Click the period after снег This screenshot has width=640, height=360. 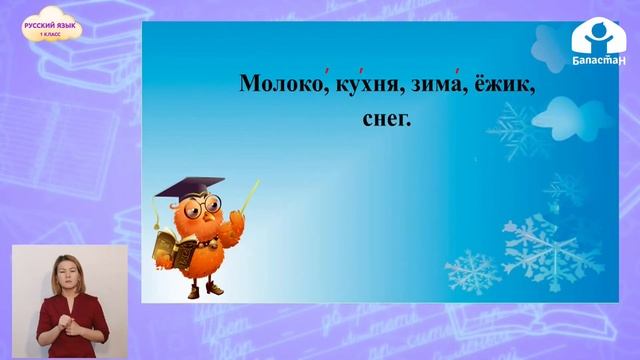pos(410,125)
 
